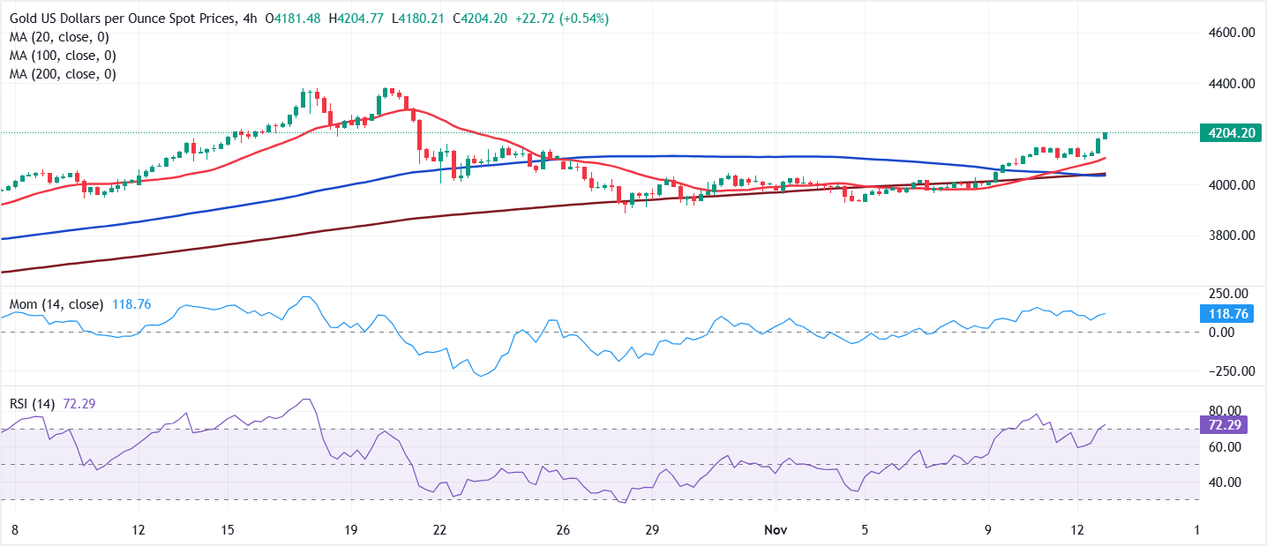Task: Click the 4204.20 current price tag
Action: coord(1231,133)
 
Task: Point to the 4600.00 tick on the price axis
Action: coord(1231,33)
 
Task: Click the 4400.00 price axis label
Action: coord(1231,84)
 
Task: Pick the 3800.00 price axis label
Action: coord(1231,236)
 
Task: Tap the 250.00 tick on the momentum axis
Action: coord(1228,294)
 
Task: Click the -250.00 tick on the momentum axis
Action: coord(1226,371)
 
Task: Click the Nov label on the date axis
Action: coord(773,530)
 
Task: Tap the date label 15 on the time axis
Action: coord(228,530)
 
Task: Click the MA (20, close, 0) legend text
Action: coord(61,37)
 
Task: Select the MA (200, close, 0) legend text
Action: coord(61,74)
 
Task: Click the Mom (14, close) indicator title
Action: coord(57,304)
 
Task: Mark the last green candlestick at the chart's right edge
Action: coord(1105,135)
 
